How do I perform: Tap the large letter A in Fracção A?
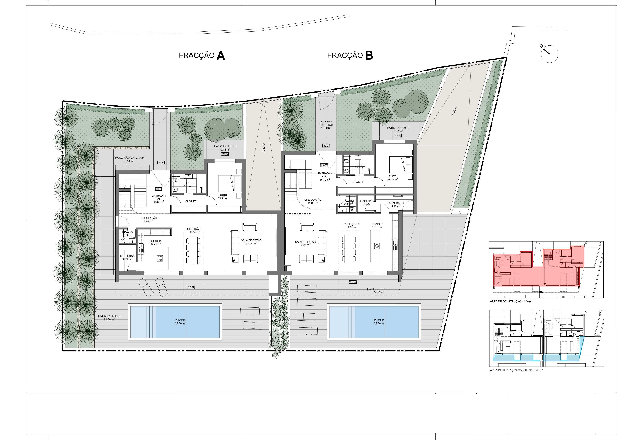tap(221, 55)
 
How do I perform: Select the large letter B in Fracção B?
tap(369, 55)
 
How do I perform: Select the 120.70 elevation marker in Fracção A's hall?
tap(158, 189)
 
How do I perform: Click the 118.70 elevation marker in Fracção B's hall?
tap(324, 165)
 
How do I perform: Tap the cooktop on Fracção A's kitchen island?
tap(160, 258)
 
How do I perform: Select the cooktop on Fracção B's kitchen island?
tap(376, 246)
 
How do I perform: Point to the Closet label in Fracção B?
tap(358, 182)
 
